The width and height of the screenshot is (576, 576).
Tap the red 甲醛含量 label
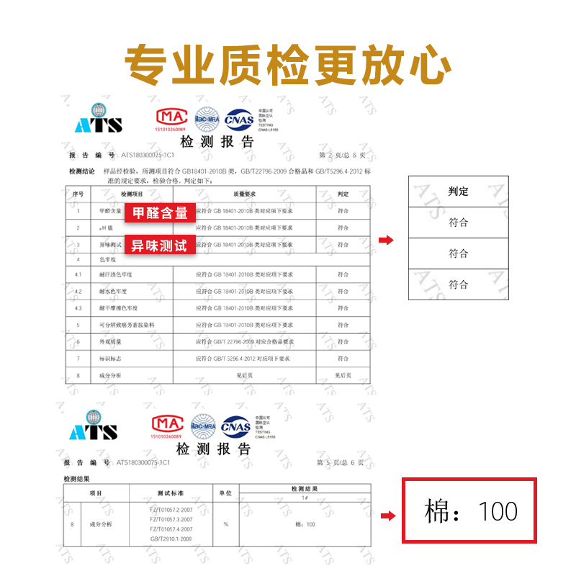160,212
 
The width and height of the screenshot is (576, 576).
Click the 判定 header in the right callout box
458,191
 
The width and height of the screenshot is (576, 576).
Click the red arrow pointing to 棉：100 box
387,516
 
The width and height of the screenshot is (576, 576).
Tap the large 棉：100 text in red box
471,512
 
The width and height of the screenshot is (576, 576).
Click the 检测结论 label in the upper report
81,171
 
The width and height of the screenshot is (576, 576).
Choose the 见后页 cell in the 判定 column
343,375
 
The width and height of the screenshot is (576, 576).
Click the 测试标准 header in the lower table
171,493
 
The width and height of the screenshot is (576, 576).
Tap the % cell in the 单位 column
225,524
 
